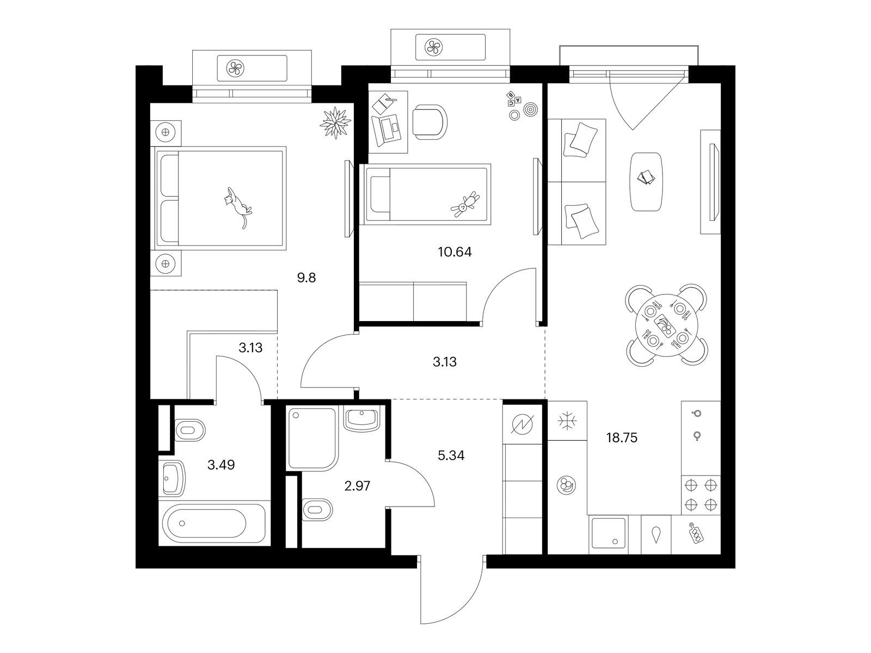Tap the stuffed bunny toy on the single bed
tap(465, 205)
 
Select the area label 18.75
tap(622, 438)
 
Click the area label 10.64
tap(455, 252)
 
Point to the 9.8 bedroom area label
tap(306, 278)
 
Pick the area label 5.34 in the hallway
tap(451, 455)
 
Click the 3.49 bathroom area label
tap(221, 465)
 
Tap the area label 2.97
tap(357, 486)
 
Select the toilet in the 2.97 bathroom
tap(317, 509)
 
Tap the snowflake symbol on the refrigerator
tap(567, 421)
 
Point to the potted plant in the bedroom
tap(336, 123)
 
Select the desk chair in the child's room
tap(430, 122)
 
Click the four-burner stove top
tap(701, 495)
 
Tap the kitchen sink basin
tap(609, 533)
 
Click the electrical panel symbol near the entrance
tap(523, 424)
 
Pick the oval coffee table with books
tap(647, 182)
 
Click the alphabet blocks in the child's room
tap(513, 98)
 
